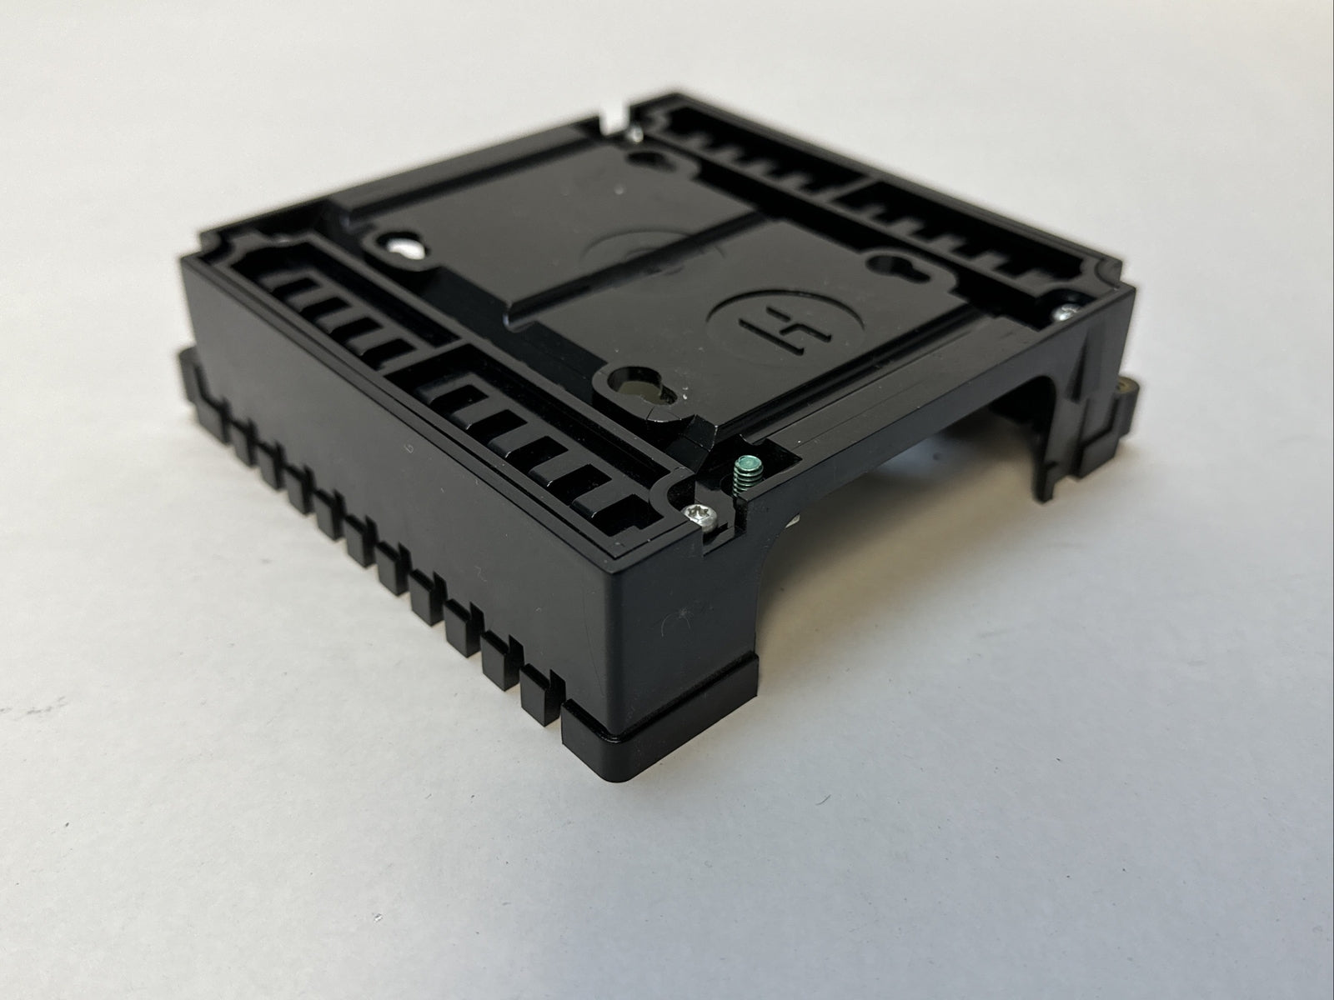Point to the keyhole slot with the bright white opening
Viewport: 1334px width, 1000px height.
(x=403, y=247)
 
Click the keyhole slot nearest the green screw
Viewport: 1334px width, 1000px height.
(x=638, y=386)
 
